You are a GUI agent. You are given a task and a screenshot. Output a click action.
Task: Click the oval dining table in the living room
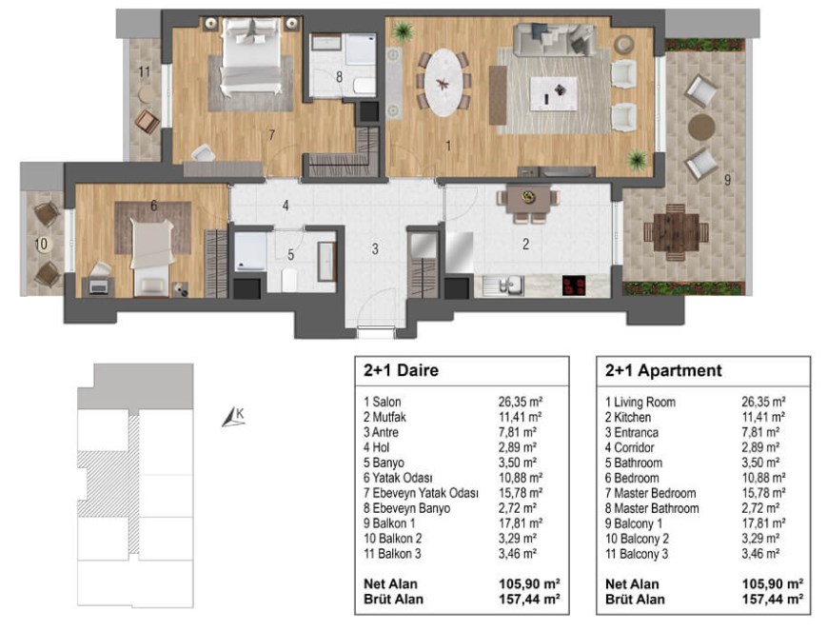[443, 82]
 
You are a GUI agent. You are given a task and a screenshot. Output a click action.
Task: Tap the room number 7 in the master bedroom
[271, 135]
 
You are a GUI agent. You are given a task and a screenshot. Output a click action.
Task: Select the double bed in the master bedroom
[251, 57]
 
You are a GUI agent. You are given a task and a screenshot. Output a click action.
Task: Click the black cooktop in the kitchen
[574, 286]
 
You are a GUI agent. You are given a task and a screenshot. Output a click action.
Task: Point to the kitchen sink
[503, 286]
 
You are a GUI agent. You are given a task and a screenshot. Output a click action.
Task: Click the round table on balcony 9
[701, 128]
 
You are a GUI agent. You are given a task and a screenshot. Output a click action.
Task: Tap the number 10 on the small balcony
[41, 244]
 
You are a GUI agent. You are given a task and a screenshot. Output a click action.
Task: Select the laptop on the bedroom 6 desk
[99, 286]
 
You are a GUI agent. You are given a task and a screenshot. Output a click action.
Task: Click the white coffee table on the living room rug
[553, 94]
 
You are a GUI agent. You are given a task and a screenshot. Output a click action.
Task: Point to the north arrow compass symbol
[232, 417]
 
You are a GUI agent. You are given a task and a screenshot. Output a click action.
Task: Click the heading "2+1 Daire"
[401, 370]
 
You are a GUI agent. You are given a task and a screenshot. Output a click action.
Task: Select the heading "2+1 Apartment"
[663, 370]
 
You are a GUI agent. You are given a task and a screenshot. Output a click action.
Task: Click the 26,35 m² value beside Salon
[521, 402]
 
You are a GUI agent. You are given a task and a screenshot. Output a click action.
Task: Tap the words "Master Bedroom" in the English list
[655, 493]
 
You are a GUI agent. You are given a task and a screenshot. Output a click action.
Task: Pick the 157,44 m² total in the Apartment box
[772, 600]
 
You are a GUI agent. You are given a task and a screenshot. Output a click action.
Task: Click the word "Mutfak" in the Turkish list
[389, 417]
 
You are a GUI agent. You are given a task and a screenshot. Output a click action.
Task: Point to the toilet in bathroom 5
[289, 280]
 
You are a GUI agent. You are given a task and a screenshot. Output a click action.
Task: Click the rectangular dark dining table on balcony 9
[676, 232]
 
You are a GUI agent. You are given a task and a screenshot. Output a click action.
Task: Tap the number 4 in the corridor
[286, 206]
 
